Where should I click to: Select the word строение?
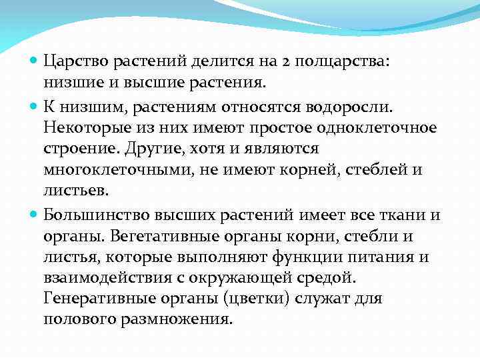coord(75,148)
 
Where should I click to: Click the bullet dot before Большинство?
coord(35,215)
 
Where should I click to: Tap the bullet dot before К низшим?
coord(35,105)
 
